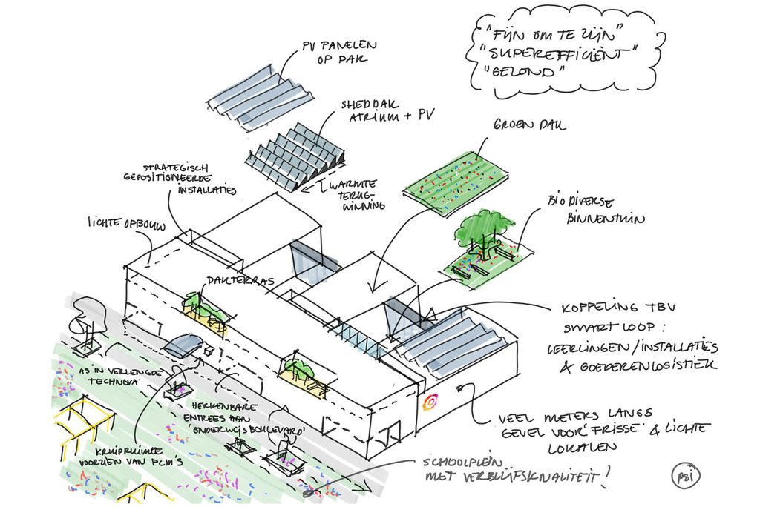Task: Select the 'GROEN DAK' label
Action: point(528,126)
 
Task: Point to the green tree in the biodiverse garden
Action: point(483,229)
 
